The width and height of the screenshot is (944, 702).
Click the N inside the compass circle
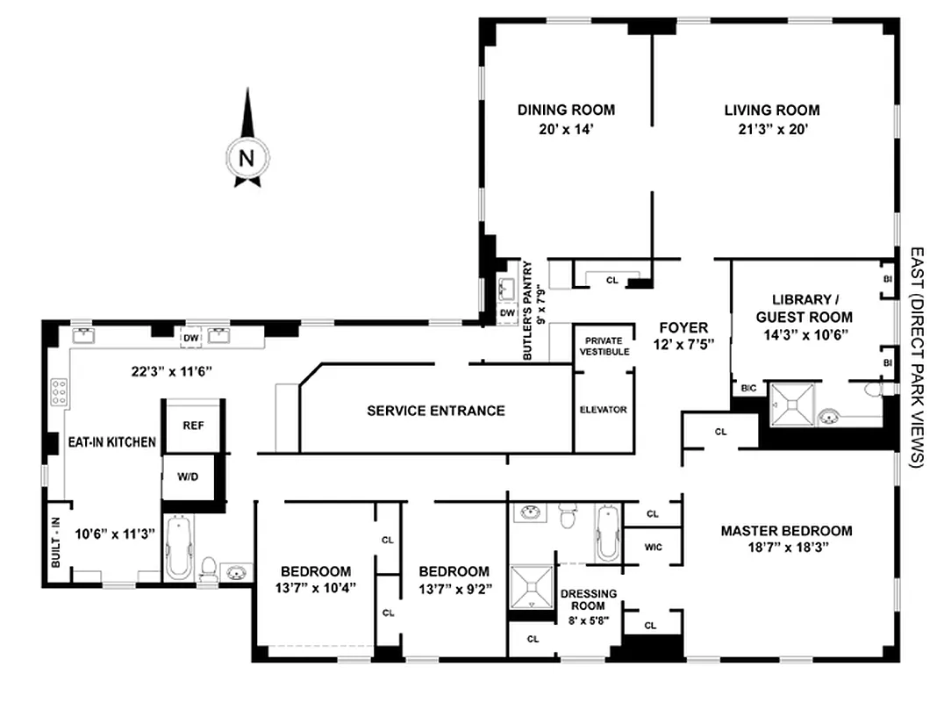(x=247, y=159)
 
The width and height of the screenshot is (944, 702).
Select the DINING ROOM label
(x=566, y=111)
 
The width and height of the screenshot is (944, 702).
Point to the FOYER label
(x=683, y=328)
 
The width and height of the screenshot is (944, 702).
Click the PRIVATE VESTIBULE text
(x=604, y=345)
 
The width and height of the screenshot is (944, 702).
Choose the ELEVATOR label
(x=604, y=410)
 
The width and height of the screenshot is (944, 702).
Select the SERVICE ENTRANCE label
(x=435, y=411)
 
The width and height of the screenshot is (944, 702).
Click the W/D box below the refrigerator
(x=188, y=478)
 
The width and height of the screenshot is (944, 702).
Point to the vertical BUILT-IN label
(x=54, y=541)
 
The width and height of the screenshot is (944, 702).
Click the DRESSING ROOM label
(x=588, y=599)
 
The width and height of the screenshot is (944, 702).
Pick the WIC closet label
(x=652, y=546)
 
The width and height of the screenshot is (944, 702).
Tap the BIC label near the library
(x=749, y=387)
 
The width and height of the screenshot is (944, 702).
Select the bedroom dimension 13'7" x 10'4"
(x=316, y=588)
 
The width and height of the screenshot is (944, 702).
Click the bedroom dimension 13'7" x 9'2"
(x=454, y=588)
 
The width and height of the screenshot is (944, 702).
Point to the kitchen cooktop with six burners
(x=59, y=391)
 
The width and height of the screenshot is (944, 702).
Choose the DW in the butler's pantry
(x=507, y=312)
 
